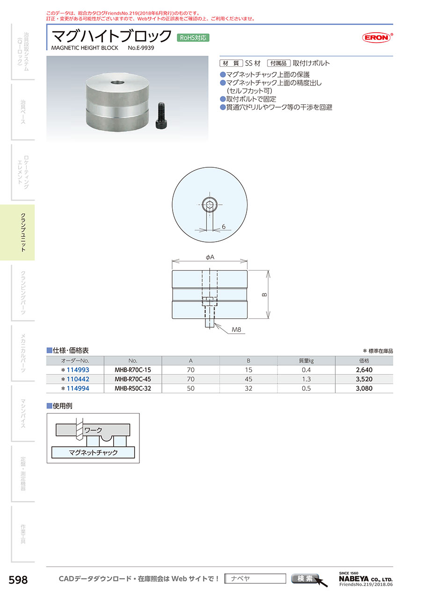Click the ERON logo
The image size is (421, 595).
[x=377, y=37]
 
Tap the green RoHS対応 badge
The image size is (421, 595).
[x=193, y=38]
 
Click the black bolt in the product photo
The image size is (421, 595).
[x=161, y=116]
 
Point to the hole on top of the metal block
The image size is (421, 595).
[x=117, y=82]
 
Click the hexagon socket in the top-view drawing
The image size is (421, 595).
[x=210, y=205]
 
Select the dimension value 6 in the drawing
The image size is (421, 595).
[x=224, y=227]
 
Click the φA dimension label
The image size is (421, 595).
[x=210, y=257]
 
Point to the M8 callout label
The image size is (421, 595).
[x=236, y=330]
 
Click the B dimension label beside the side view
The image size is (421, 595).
[x=264, y=294]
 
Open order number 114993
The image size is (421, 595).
[x=78, y=370]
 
